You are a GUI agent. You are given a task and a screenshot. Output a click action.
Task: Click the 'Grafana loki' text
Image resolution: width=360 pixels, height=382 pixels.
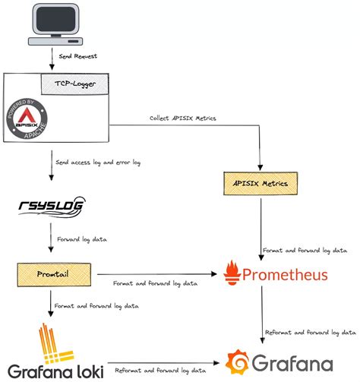pyautogui.click(x=51, y=372)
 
